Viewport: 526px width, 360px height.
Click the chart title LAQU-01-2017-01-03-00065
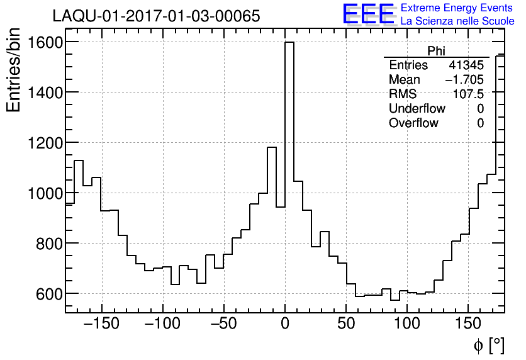(156, 16)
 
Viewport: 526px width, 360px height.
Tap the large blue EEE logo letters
(368, 14)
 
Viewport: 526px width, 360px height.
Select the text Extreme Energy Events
(457, 8)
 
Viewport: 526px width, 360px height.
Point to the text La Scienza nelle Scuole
(457, 21)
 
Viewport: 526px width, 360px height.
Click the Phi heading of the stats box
(436, 52)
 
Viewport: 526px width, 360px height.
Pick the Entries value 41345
(466, 65)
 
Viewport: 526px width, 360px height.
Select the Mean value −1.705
(464, 80)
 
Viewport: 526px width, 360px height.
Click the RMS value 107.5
(469, 94)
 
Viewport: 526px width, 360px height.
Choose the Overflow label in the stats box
(413, 123)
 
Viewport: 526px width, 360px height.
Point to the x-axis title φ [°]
(488, 345)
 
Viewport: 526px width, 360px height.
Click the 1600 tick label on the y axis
(43, 42)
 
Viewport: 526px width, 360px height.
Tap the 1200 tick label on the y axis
(43, 143)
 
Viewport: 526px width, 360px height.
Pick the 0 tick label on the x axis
(285, 325)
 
